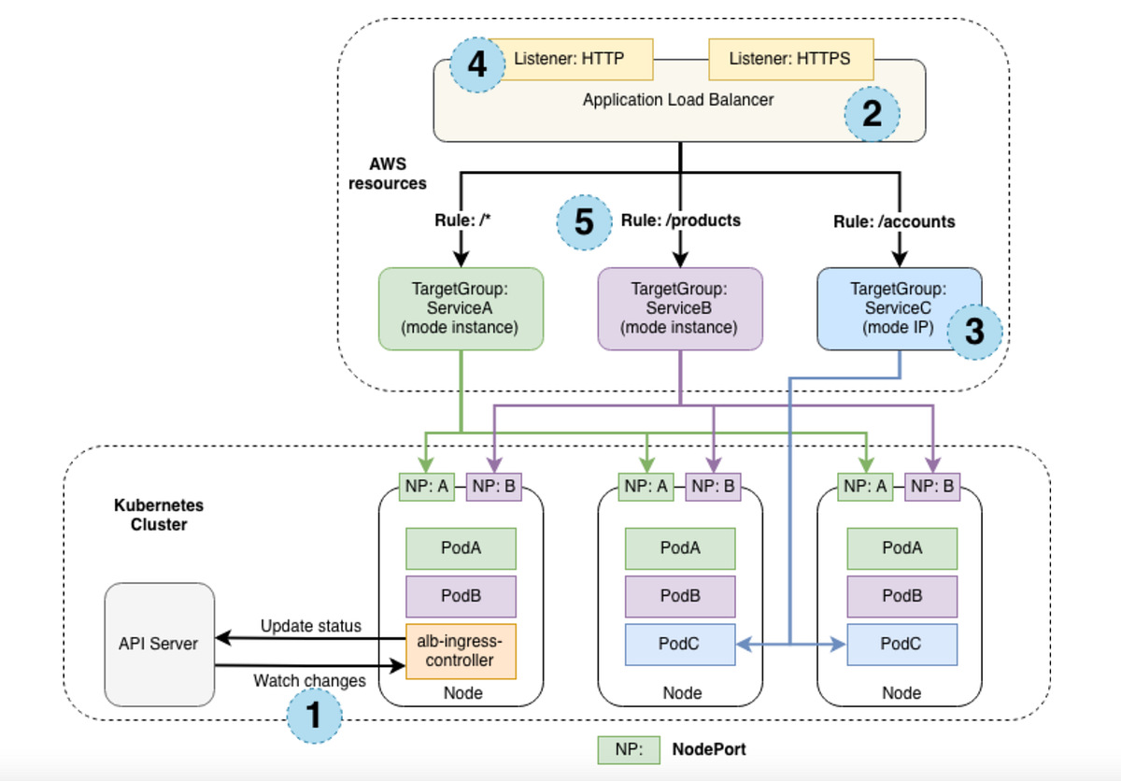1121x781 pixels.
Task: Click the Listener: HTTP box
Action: [x=569, y=59]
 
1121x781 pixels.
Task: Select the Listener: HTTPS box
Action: [x=790, y=59]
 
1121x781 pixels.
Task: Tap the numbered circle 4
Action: [x=476, y=65]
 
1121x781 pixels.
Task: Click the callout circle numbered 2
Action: [x=872, y=114]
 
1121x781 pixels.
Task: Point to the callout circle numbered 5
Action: [x=584, y=222]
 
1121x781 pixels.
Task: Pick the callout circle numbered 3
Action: [x=973, y=332]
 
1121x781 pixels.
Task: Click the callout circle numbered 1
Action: [x=314, y=715]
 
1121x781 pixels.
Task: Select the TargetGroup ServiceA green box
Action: [x=461, y=309]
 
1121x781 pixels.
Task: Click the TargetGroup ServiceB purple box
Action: [x=680, y=309]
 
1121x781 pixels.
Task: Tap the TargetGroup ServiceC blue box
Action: [x=887, y=309]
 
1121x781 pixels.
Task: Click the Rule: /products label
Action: [x=680, y=220]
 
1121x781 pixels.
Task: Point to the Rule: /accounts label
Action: [x=894, y=221]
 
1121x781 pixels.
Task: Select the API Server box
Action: [x=159, y=644]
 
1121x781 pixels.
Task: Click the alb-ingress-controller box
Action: [x=461, y=651]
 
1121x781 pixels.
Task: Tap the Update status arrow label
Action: [x=310, y=626]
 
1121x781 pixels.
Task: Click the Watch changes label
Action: [x=309, y=681]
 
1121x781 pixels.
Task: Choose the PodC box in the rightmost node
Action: [x=901, y=645]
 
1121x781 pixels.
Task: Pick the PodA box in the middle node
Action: [x=680, y=548]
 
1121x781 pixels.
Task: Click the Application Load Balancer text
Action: [x=678, y=99]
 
